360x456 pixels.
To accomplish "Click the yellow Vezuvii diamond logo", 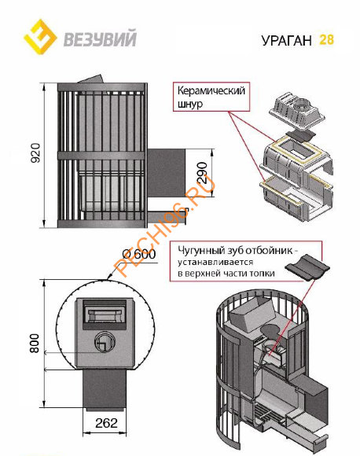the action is coord(40,37).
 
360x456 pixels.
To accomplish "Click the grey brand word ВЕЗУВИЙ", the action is coord(100,39).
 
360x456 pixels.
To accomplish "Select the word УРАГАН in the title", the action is coord(286,40).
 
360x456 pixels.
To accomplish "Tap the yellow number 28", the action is coord(326,39).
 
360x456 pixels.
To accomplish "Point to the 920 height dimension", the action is coord(35,153).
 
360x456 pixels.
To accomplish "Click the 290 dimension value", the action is coord(202,173).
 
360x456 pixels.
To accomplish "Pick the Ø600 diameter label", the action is coord(139,254).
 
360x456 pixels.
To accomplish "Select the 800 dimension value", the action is coord(35,343).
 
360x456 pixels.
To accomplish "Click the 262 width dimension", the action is coord(106,423).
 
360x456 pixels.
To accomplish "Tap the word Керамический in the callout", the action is coord(211,90).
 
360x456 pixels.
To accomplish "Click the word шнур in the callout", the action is coord(190,104).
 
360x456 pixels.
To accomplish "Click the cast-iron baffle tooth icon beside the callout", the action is coord(307,267).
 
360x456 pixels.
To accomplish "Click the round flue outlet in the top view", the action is coord(104,342).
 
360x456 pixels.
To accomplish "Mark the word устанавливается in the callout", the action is coord(215,262).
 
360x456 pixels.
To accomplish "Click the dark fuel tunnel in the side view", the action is coord(166,173).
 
